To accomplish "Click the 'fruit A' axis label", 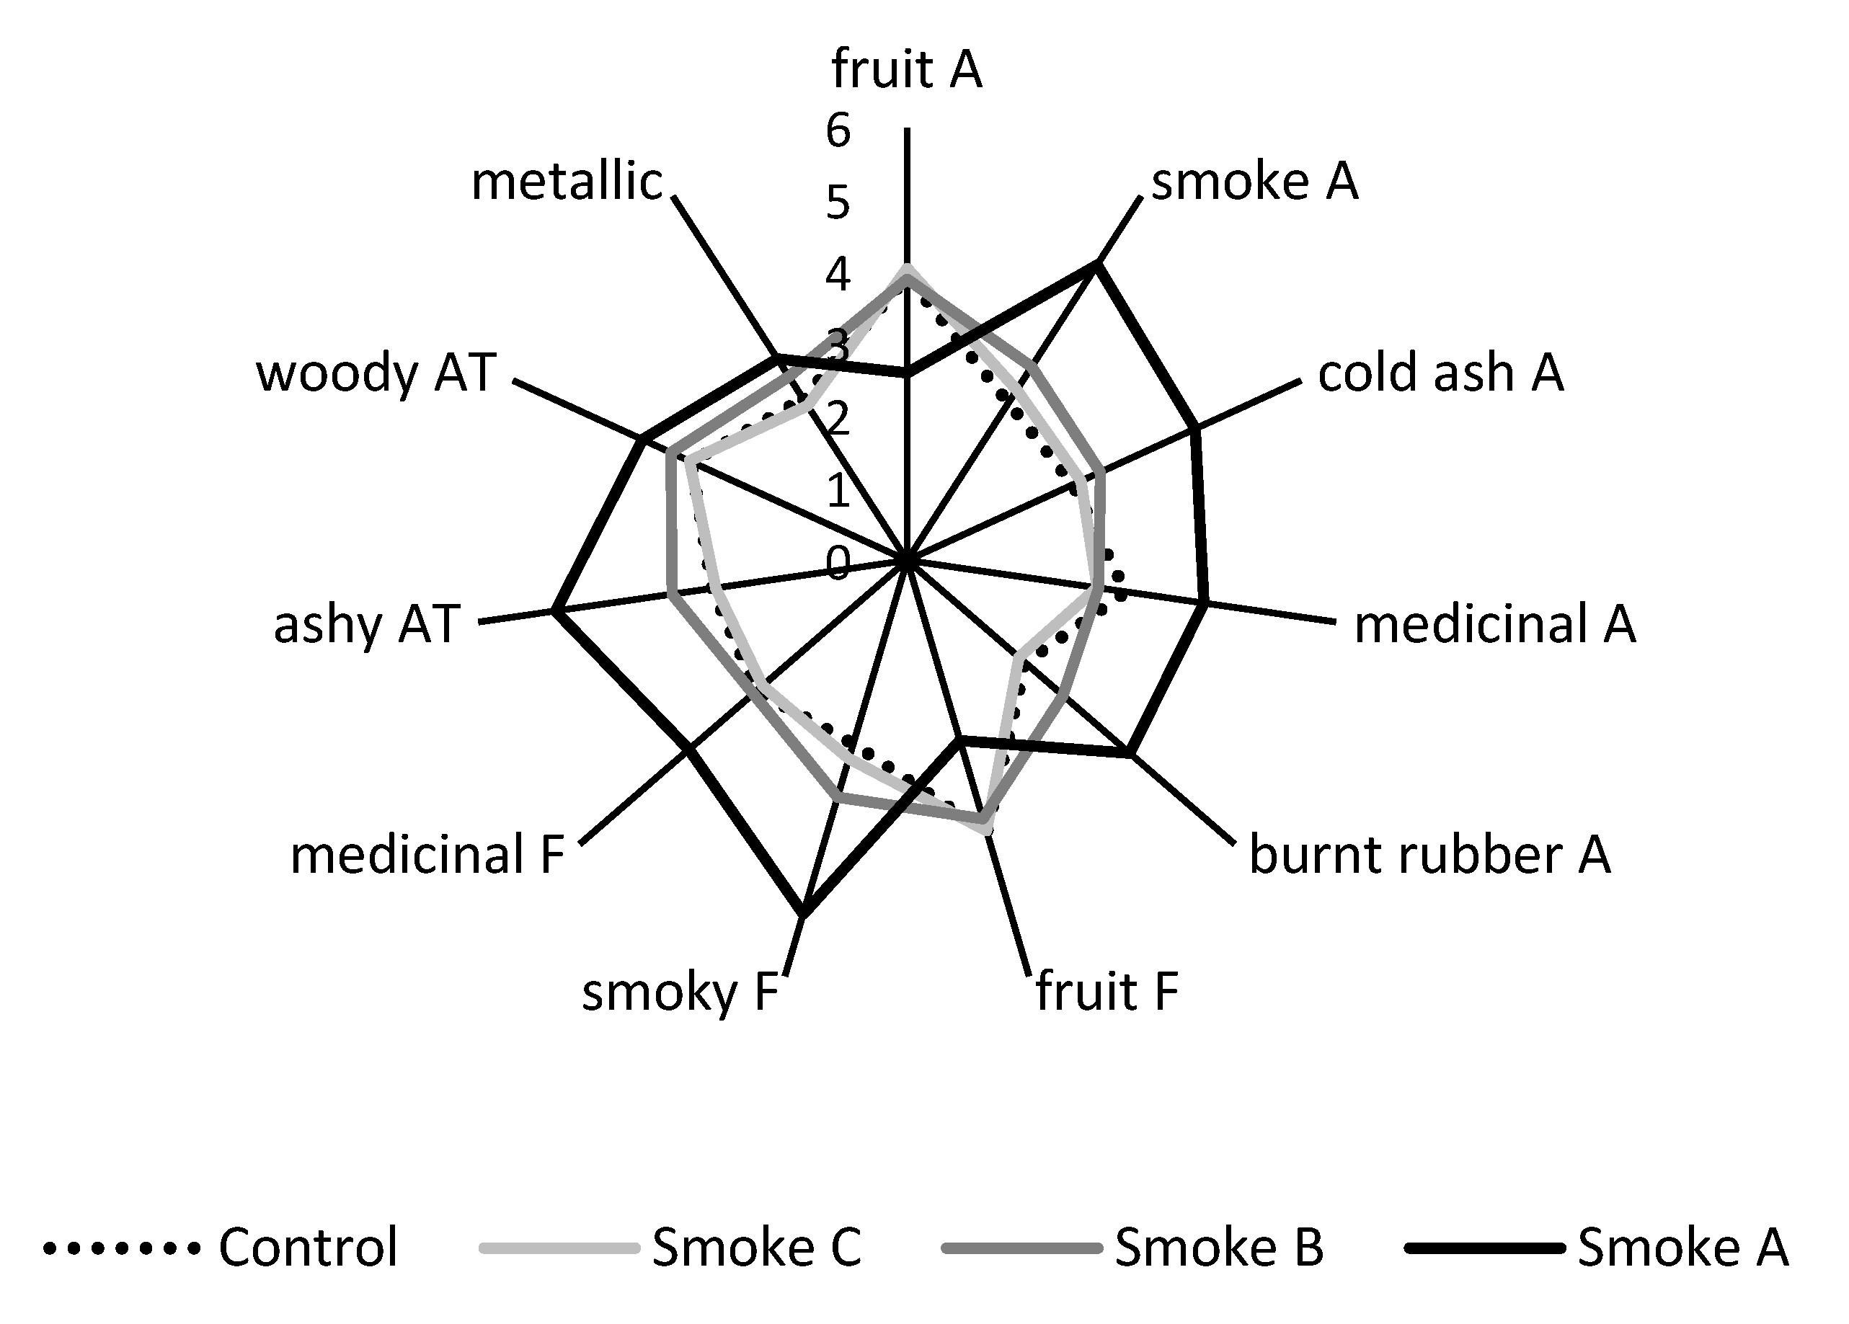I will coord(907,70).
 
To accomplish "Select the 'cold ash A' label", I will coord(1440,373).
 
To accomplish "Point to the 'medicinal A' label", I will coord(1494,624).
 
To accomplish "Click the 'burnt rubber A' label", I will coord(1430,856).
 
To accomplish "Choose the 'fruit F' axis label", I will coord(1107,992).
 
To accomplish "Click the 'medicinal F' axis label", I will coord(427,856).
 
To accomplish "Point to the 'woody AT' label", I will coord(376,373).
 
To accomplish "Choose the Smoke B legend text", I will coord(1219,1247).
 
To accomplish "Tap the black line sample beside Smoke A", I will coord(1483,1248).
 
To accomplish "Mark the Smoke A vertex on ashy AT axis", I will coord(554,610).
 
